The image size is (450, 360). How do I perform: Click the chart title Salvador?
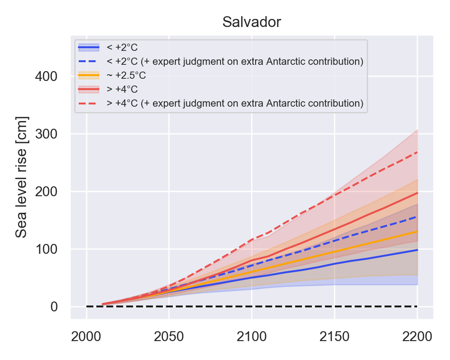coord(252,22)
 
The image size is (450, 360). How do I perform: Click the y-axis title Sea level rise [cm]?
coord(22,177)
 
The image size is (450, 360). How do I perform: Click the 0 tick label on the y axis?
coord(54,306)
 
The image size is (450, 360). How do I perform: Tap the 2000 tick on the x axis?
coord(86,337)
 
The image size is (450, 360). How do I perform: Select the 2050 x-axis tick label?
coord(169,337)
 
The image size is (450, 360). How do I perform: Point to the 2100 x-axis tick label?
coord(252,337)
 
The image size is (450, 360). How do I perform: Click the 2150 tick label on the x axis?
coord(334,337)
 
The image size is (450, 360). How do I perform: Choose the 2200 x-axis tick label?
coord(417,337)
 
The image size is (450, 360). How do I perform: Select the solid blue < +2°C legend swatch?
coord(89,47)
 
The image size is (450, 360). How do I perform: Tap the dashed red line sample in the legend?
coord(89,103)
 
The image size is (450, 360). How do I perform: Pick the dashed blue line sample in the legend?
coord(89,61)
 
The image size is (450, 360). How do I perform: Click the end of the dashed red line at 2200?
coord(417,152)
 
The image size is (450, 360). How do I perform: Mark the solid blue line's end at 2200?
coord(417,250)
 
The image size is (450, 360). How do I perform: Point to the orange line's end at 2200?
coord(417,231)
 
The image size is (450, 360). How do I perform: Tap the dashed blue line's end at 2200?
coord(417,216)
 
